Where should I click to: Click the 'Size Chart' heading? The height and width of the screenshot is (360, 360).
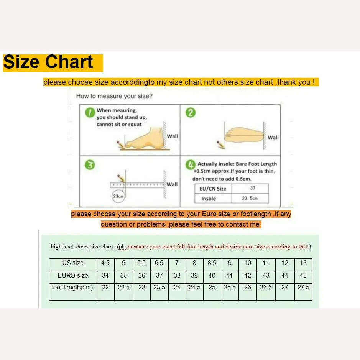point(48,62)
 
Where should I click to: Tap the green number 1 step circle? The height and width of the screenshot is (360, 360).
point(90,112)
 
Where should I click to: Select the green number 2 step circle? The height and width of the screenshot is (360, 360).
point(190,112)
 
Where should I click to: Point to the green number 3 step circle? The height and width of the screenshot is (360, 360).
point(90,165)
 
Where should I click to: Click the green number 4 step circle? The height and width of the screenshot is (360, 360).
point(190,165)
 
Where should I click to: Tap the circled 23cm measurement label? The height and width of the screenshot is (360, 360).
point(118,196)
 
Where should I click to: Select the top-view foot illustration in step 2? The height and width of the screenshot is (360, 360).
point(245,135)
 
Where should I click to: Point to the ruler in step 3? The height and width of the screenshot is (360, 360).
point(137,185)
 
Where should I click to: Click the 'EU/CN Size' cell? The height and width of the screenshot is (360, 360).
point(213,189)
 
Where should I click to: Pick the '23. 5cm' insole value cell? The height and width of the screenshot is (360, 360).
point(250,198)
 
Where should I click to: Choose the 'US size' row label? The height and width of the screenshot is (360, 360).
point(73,263)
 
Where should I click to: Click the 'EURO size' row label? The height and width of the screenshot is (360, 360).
point(73,275)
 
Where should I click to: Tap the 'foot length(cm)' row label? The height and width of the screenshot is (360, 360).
point(72,288)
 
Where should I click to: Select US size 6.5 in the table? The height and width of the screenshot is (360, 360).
point(159,263)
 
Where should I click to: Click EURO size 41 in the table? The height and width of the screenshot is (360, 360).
point(230,275)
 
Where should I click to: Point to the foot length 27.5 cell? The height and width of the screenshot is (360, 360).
point(303,288)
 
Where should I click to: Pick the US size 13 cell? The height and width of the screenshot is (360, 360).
point(303,263)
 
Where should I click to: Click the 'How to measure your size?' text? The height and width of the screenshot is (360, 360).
point(114,96)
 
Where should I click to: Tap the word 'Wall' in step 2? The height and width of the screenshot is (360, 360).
point(273,137)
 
